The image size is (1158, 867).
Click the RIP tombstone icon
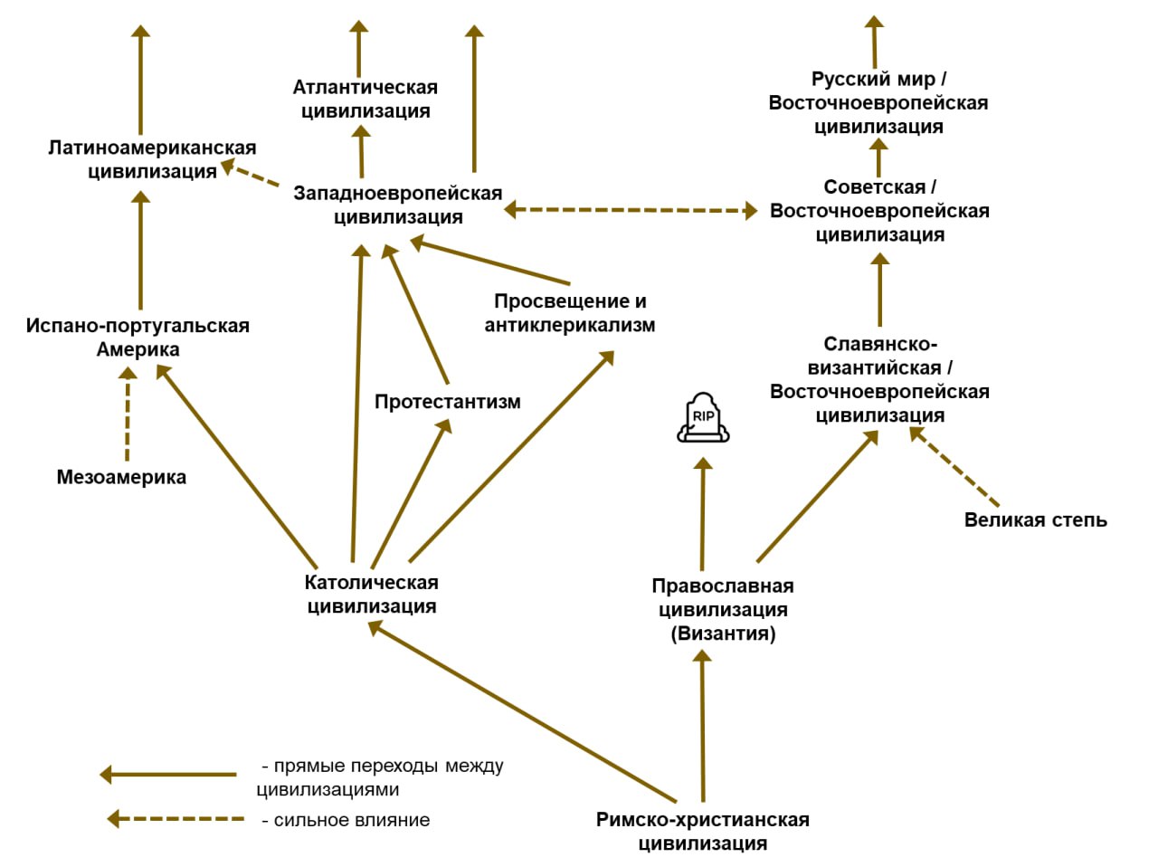[703, 418]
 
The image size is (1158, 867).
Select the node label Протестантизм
[448, 401]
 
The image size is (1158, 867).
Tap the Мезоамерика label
[121, 477]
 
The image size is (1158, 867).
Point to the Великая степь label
[1035, 519]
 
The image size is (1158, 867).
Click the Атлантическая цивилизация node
[365, 100]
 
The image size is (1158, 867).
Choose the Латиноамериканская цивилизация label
[152, 159]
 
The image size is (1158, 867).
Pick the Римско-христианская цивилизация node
[702, 831]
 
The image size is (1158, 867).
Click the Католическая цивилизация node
[371, 595]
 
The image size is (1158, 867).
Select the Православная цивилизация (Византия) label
[723, 609]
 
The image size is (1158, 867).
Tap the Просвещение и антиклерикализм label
[570, 313]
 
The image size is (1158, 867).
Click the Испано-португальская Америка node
[138, 338]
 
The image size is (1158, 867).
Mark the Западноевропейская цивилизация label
[398, 205]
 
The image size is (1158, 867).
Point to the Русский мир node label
[878, 102]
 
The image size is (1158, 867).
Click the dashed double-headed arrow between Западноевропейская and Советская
[631, 210]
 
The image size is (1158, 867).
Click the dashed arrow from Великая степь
[955, 467]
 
